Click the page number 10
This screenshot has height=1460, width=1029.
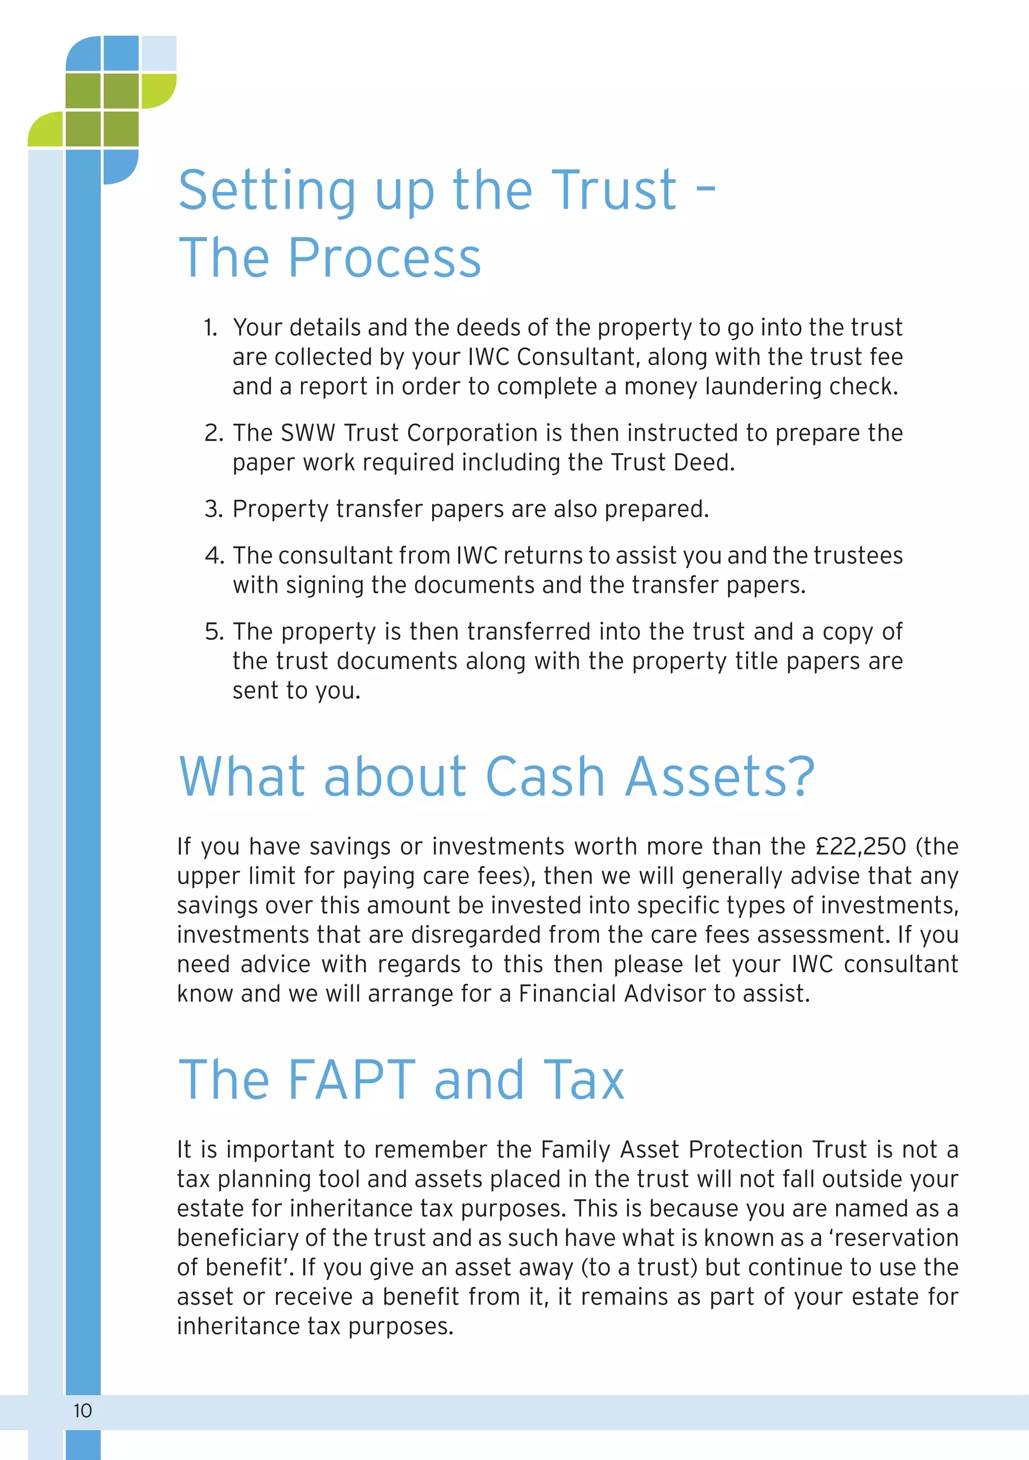click(x=83, y=1410)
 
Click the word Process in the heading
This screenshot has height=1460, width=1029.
click(x=385, y=258)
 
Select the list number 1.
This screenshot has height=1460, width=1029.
click(x=211, y=328)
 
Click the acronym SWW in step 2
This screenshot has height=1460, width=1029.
click(x=308, y=433)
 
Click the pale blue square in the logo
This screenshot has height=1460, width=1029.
click(x=158, y=53)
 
